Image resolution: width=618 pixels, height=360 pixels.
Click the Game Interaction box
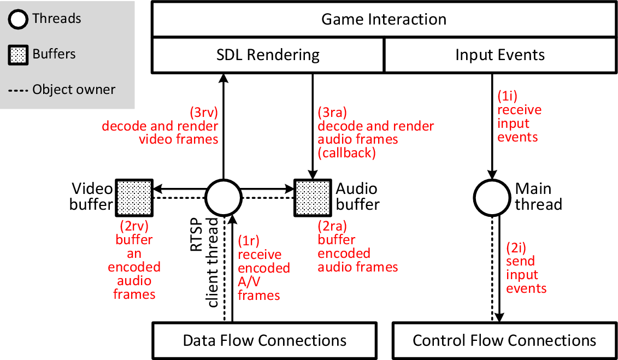coord(384,20)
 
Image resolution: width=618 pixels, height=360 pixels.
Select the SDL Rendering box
coord(268,55)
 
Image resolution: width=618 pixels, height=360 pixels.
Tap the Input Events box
coord(499,55)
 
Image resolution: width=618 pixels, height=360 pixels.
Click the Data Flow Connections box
coord(264,341)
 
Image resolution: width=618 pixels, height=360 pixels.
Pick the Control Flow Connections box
coord(504,341)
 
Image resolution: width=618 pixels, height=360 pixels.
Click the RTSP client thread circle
coord(223,197)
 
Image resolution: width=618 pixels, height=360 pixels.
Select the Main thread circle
coord(491,197)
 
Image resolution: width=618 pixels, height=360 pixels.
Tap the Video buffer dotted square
coord(134,197)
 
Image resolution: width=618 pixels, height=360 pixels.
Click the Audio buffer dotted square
coord(313,197)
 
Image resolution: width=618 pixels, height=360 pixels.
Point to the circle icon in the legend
coord(19,20)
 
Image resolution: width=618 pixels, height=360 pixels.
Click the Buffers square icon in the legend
coord(19,55)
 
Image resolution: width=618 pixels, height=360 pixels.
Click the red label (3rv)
coord(204,113)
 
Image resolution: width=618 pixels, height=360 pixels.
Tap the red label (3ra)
coord(332,113)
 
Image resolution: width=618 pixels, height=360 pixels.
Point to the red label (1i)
coord(505,97)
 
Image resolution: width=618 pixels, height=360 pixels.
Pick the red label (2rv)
coord(134,226)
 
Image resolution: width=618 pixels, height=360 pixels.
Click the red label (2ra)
coord(332,226)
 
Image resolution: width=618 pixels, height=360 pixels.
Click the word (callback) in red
coord(347,154)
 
